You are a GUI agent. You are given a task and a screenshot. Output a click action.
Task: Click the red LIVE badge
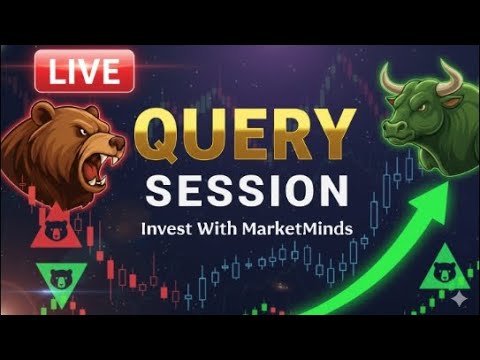(x=85, y=71)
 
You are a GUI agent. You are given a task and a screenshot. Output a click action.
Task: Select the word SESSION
(x=246, y=190)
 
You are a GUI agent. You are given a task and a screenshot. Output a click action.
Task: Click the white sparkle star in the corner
(x=459, y=298)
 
